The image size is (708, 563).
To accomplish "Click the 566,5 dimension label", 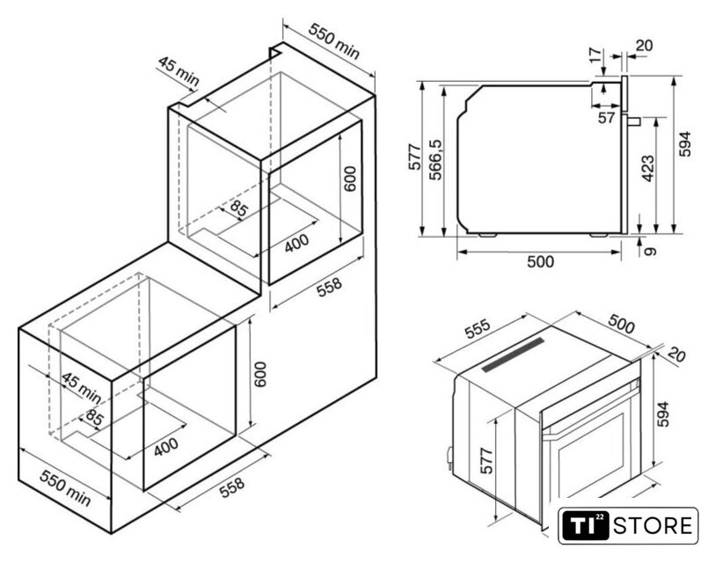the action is [435, 159].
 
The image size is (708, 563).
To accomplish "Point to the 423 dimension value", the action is [648, 168].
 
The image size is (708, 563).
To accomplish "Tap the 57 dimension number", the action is [606, 118].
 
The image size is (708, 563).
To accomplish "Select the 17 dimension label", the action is [596, 55].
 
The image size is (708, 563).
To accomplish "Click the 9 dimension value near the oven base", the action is [650, 251].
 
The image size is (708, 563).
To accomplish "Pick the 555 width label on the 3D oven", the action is [478, 329].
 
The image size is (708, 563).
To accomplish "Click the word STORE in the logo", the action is [653, 526].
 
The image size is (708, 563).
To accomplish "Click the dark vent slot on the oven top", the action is [513, 355].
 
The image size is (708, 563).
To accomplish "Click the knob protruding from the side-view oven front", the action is [633, 121].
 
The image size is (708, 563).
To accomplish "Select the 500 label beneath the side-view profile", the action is [540, 261].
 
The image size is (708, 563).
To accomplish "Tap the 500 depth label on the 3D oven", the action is [621, 323].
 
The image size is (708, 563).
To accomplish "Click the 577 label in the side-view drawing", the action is [414, 157].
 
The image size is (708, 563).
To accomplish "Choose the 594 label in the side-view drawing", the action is [685, 144].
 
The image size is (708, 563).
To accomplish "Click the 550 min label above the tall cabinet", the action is [333, 40].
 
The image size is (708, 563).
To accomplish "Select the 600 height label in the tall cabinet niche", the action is [349, 179].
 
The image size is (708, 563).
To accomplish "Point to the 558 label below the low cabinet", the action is [231, 487].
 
